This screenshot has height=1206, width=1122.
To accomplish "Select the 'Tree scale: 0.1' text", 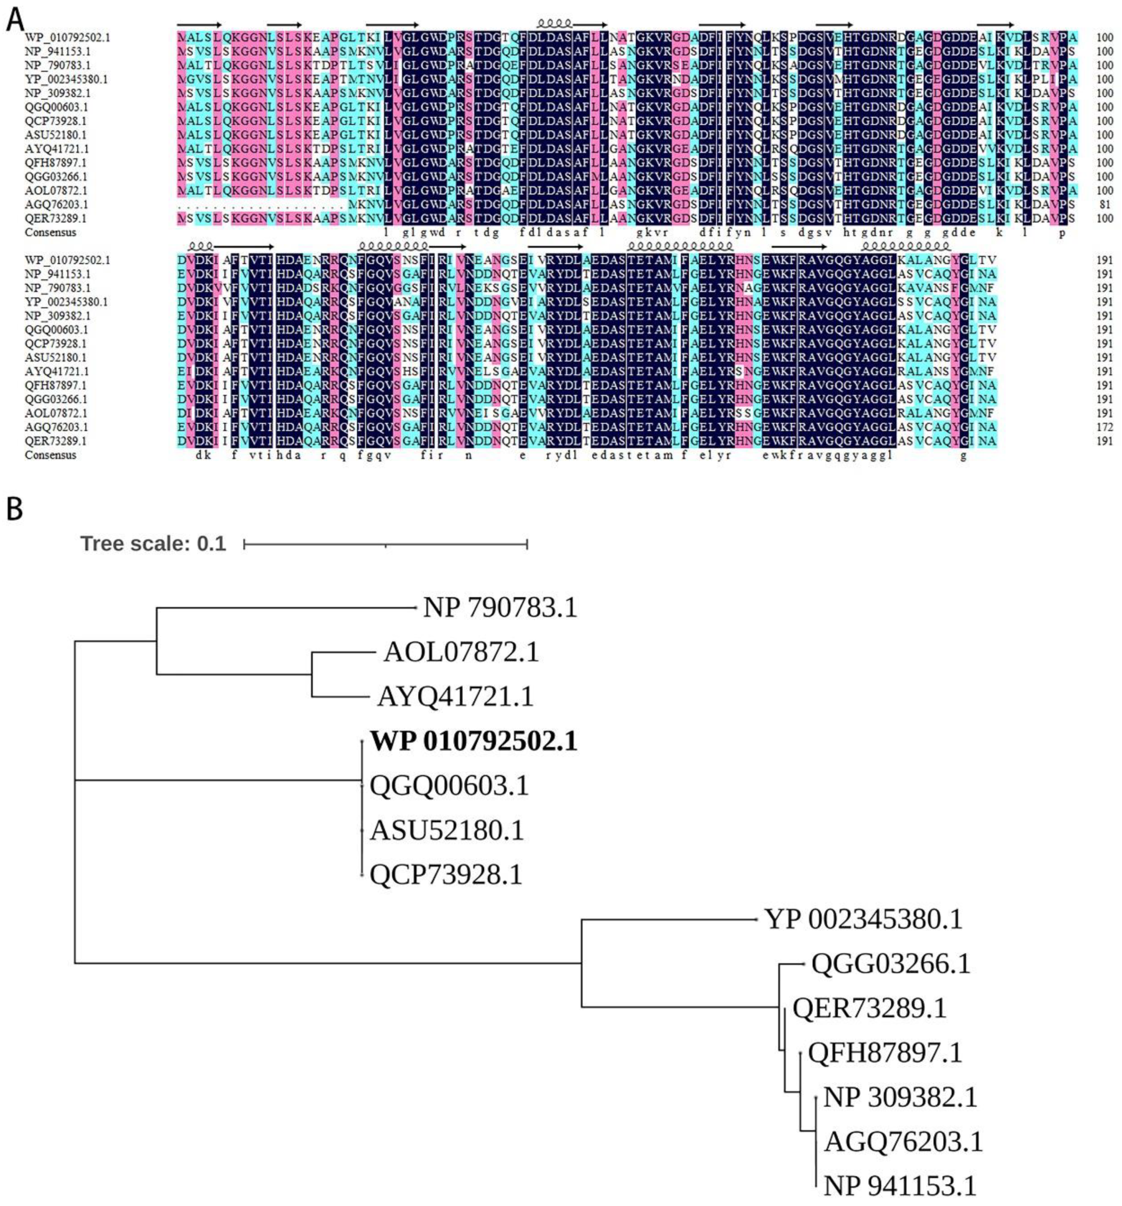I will coord(153,543).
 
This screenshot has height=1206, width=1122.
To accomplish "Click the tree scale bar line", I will coord(386,544).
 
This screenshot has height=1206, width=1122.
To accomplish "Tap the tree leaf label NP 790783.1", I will coord(500,607).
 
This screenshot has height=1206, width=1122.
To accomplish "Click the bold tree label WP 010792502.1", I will coord(474,741).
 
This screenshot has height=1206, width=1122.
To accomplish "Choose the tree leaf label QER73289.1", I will coord(869,1008).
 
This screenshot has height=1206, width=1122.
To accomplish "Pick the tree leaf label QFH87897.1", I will coord(885,1053).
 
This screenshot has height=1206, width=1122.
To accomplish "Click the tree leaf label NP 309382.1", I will coord(900,1097).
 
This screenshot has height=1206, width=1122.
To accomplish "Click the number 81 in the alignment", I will coord(1104,204).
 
